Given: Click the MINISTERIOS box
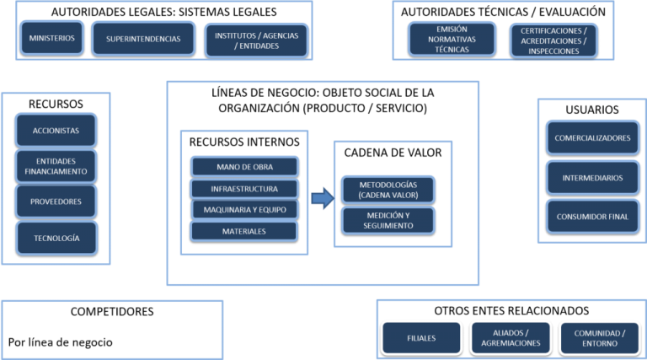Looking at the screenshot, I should (52, 38).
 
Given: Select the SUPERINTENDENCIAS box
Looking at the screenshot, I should (143, 38).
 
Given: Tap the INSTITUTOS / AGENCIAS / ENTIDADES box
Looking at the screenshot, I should (256, 40).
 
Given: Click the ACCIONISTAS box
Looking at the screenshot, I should (56, 131).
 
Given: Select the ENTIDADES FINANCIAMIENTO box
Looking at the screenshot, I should (56, 166).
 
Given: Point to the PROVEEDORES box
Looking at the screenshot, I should (56, 202).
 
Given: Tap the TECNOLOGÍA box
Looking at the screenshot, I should (56, 238).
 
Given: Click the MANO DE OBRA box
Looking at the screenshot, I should (244, 166).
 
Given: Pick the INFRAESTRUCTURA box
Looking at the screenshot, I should (244, 188).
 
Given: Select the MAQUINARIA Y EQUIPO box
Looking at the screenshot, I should (244, 209).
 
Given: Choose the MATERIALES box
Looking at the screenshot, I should (244, 231).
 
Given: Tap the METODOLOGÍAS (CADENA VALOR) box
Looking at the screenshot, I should (388, 190).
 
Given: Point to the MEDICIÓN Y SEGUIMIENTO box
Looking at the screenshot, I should (388, 220).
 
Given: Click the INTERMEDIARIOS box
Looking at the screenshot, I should (592, 178).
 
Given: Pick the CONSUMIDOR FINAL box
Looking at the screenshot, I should (592, 217).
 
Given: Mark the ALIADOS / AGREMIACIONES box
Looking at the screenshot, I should (511, 338).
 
